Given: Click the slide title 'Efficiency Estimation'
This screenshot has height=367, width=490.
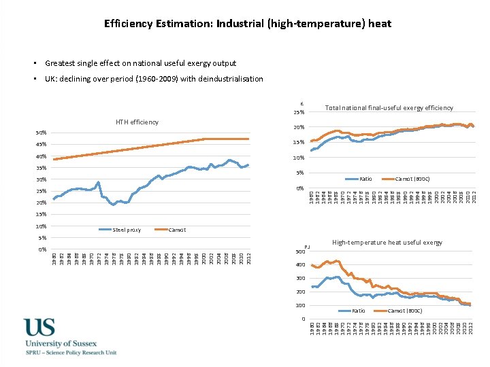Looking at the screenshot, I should (x=248, y=24).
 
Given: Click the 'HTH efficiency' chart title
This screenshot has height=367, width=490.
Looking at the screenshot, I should (x=137, y=122).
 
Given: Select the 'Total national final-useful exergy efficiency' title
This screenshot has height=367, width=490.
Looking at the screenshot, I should (x=389, y=108).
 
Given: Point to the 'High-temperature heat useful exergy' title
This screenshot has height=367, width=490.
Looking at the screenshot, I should (x=387, y=243).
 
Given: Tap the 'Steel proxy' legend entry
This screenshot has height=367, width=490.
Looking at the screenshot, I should (x=127, y=230).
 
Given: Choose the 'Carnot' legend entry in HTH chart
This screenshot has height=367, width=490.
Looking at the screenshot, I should (x=178, y=230).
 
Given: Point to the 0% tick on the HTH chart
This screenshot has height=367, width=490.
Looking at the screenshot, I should (x=42, y=249).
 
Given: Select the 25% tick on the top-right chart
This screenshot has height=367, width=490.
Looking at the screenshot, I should (x=298, y=112).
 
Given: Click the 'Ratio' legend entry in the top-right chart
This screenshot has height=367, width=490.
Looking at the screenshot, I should (x=365, y=179).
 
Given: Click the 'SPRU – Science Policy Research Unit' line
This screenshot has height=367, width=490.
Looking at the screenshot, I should (x=70, y=353).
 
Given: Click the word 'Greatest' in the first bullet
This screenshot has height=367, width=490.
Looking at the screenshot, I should (x=60, y=63).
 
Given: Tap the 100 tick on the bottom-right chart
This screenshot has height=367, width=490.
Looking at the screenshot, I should (x=299, y=306).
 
